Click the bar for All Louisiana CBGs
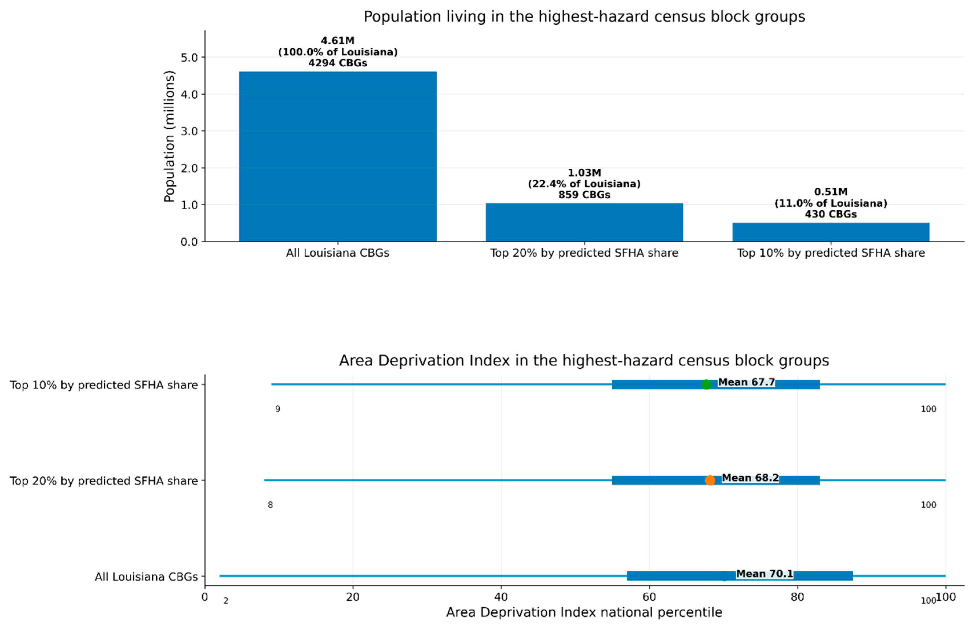point(338,156)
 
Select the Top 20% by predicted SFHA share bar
point(584,222)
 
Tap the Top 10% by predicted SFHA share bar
point(831,232)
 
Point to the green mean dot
point(706,384)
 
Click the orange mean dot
point(710,480)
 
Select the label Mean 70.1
point(765,574)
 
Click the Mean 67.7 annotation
point(746,382)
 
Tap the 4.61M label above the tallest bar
point(338,41)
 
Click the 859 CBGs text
point(584,195)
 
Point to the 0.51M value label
point(831,192)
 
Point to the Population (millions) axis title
point(169,136)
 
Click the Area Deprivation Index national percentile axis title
point(584,612)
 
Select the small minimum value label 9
point(277,409)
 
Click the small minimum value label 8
point(270,505)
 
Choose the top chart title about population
point(584,17)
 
